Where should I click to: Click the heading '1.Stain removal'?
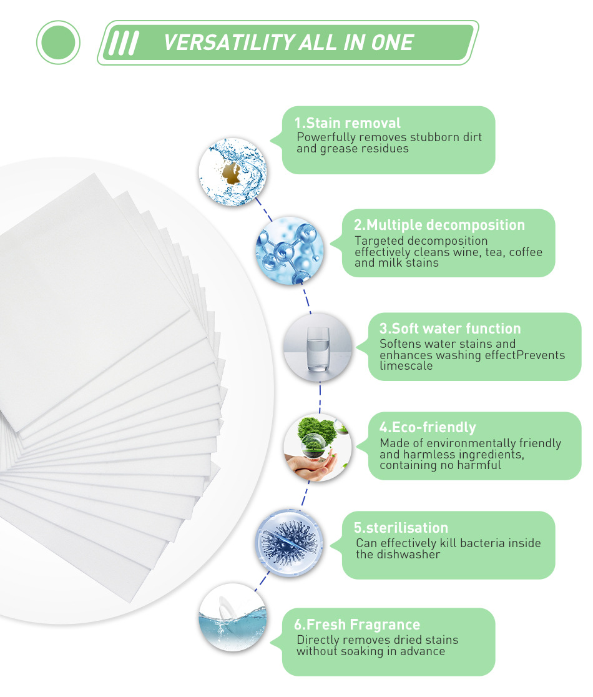(348, 123)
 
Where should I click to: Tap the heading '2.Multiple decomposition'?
(439, 225)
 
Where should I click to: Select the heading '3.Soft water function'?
(449, 329)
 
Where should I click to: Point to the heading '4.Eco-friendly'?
(428, 428)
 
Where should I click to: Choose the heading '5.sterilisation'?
(402, 528)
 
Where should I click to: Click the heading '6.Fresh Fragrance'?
(357, 625)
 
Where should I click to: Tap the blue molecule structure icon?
(288, 250)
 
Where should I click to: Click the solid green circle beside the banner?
(58, 42)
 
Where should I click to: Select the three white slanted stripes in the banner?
(123, 42)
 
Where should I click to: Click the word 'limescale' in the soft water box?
(406, 366)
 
